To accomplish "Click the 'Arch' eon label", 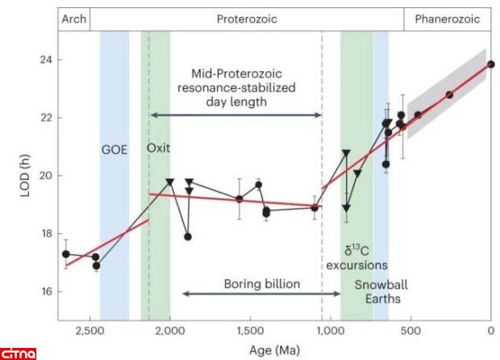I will point(73,18).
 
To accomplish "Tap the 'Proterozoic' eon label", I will point(247,18).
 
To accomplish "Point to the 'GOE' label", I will point(114,149).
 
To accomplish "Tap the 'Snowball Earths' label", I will point(380,291).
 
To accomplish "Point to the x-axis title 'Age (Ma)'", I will point(274,349).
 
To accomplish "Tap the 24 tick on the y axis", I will point(45,60).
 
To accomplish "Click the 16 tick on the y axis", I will point(45,291).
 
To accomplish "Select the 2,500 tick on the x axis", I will point(89,330).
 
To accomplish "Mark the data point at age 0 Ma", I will point(491,64).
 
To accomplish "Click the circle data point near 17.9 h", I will point(188,237).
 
